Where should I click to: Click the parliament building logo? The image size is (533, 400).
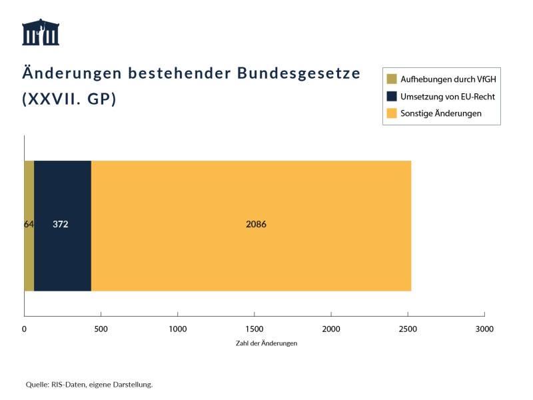[41, 32]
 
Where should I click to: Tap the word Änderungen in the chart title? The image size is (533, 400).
[73, 73]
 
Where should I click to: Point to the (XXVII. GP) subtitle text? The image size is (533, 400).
[69, 99]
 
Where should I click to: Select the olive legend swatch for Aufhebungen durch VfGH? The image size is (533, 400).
[392, 79]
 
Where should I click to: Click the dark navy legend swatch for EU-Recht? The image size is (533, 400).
[392, 96]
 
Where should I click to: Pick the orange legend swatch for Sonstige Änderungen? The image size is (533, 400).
[392, 113]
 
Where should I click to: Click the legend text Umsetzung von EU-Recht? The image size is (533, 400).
[448, 97]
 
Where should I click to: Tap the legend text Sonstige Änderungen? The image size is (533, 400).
[440, 113]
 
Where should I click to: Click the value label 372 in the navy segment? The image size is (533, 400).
[61, 225]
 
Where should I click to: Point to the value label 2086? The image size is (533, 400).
[256, 225]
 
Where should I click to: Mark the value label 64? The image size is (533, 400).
[29, 225]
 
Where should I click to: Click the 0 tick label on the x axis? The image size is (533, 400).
[24, 329]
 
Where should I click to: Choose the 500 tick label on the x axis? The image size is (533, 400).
[101, 329]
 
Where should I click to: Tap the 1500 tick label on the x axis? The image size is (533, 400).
[255, 329]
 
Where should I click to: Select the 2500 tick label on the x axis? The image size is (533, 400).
[408, 329]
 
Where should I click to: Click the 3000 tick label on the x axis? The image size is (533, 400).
[484, 329]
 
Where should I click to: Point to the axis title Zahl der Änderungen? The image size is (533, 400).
[266, 343]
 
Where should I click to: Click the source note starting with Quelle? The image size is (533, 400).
[89, 385]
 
